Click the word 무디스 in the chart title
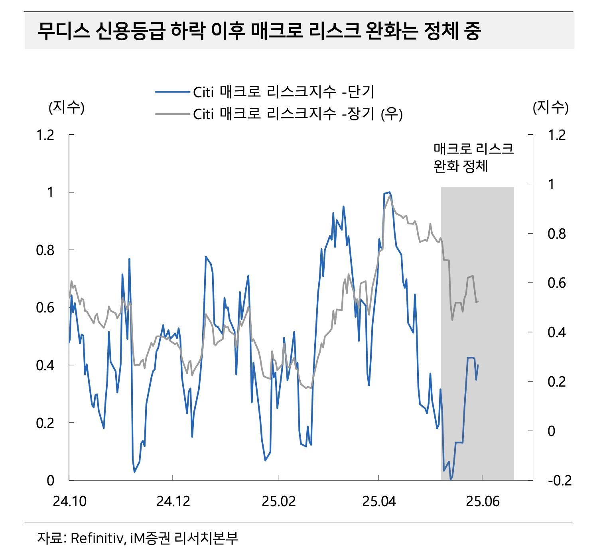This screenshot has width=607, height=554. click(64, 31)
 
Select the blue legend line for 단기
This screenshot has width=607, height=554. click(172, 92)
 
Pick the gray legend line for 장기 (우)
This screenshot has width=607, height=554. click(172, 114)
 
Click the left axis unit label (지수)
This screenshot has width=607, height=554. click(67, 107)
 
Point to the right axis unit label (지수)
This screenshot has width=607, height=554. click(550, 107)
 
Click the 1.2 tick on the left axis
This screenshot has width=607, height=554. click(45, 135)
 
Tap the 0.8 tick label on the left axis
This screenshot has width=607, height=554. click(45, 250)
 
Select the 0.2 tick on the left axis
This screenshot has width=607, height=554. click(45, 423)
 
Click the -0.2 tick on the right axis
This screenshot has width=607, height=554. click(560, 481)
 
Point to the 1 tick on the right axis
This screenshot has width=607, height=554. click(551, 185)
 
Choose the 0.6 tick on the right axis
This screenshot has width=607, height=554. click(556, 283)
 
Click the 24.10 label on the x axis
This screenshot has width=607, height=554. click(69, 501)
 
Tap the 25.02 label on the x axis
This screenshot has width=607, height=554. click(278, 501)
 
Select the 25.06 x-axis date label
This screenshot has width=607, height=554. click(483, 501)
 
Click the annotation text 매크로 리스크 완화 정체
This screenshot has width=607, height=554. click(473, 157)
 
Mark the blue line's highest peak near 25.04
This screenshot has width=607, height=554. click(389, 193)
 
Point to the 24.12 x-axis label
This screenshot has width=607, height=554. click(173, 501)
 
